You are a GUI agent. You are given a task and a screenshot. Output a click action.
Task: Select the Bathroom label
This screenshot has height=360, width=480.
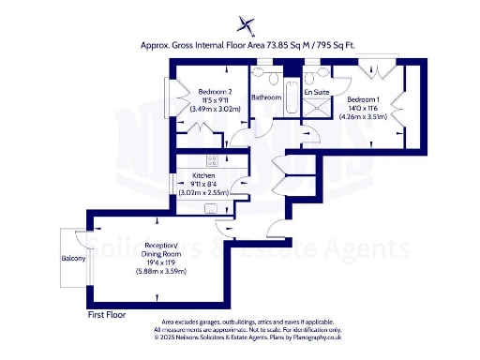(x=267, y=97)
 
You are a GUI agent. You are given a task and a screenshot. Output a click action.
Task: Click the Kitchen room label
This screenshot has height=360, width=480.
(x=204, y=175)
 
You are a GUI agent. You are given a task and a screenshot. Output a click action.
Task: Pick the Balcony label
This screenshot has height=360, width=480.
(x=73, y=258)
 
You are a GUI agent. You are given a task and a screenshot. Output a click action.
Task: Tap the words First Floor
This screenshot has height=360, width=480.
(x=106, y=316)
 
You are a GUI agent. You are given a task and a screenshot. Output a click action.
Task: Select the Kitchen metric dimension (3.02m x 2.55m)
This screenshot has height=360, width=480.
(x=208, y=192)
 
